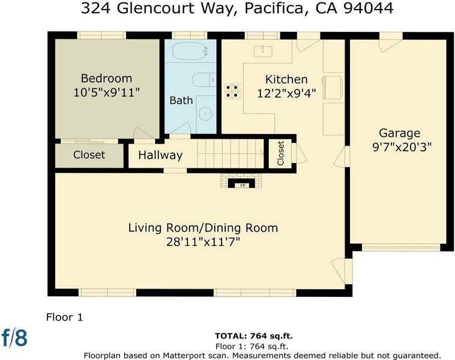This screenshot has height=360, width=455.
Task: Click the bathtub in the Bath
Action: point(190,51)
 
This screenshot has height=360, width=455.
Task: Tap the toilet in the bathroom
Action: point(203,79)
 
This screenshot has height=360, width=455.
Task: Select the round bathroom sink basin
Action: point(206,114)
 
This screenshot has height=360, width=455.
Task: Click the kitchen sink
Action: point(263,52)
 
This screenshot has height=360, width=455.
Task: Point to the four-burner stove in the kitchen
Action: point(232,91)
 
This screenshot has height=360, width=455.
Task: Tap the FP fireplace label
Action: point(243,185)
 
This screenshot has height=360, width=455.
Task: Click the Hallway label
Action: point(160,155)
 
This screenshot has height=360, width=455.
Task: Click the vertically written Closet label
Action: point(280,153)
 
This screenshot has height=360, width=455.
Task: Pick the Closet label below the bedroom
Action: point(89,155)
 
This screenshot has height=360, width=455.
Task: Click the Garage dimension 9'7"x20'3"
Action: point(402,147)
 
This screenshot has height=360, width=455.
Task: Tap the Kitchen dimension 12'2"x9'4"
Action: point(286,94)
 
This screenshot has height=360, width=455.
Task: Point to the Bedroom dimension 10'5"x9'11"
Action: point(106,93)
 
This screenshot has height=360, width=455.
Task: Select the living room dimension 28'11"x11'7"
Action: point(203,242)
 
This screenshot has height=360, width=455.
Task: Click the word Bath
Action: point(181,100)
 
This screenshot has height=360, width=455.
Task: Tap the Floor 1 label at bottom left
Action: point(64,317)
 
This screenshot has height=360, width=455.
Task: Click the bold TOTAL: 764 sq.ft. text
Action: point(254,336)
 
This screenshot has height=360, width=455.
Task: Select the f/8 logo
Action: point(14,338)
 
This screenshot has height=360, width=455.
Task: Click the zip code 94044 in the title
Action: point(369,8)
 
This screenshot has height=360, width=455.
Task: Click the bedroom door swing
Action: point(139,133)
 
